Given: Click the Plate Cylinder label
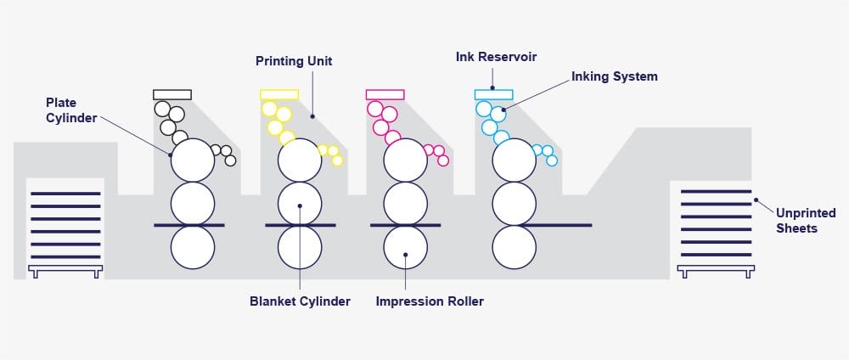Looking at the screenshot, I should pos(71,110).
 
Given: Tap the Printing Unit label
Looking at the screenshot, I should pos(294,61).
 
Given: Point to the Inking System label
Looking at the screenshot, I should pos(614,76).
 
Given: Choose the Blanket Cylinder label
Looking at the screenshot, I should pos(300,301).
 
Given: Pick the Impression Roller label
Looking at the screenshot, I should pos(430,301).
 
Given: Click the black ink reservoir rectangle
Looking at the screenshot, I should pos(172,94).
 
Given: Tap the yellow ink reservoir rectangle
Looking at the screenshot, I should pos(279,94).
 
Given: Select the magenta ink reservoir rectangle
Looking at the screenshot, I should pos(385,94).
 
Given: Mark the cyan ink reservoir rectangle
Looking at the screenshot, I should pos(493,94).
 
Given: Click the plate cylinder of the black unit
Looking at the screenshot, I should pos(193,160).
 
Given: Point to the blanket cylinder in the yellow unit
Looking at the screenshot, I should pos(300,203).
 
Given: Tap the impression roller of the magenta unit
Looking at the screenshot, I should pos(405,247).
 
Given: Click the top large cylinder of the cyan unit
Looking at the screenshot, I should pos(514,160).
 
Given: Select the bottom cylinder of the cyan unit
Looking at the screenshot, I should pos(514,247).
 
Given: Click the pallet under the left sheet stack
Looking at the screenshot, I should pos(65,270).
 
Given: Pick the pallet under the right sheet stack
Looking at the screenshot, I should pos(716,270).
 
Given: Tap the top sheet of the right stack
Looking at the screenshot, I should pos(716,192).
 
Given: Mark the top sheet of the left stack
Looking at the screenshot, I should pos(65,194).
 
